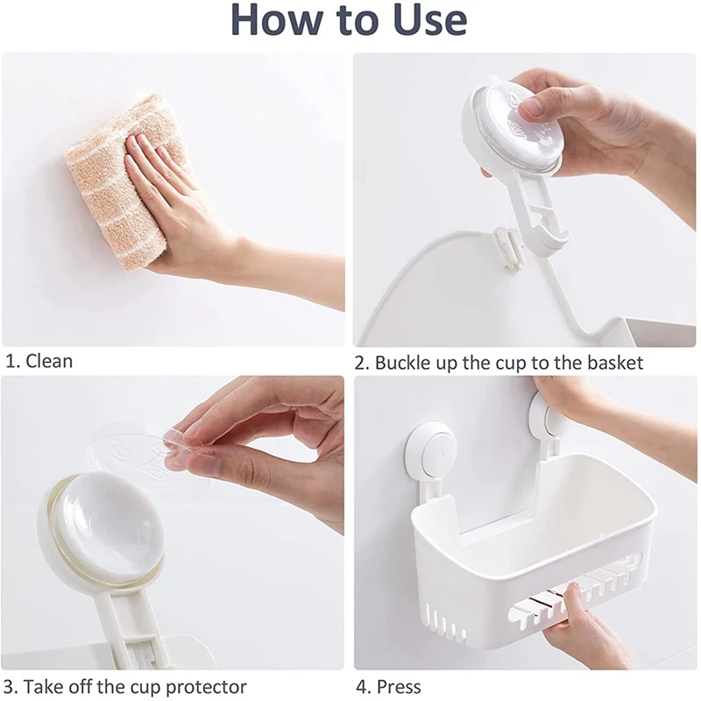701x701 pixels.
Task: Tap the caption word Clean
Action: [49, 361]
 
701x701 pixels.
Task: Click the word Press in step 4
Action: [399, 686]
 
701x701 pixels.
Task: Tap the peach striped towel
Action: [122, 179]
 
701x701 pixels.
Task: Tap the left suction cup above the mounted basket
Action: [429, 451]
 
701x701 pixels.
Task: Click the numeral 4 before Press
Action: [362, 687]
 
